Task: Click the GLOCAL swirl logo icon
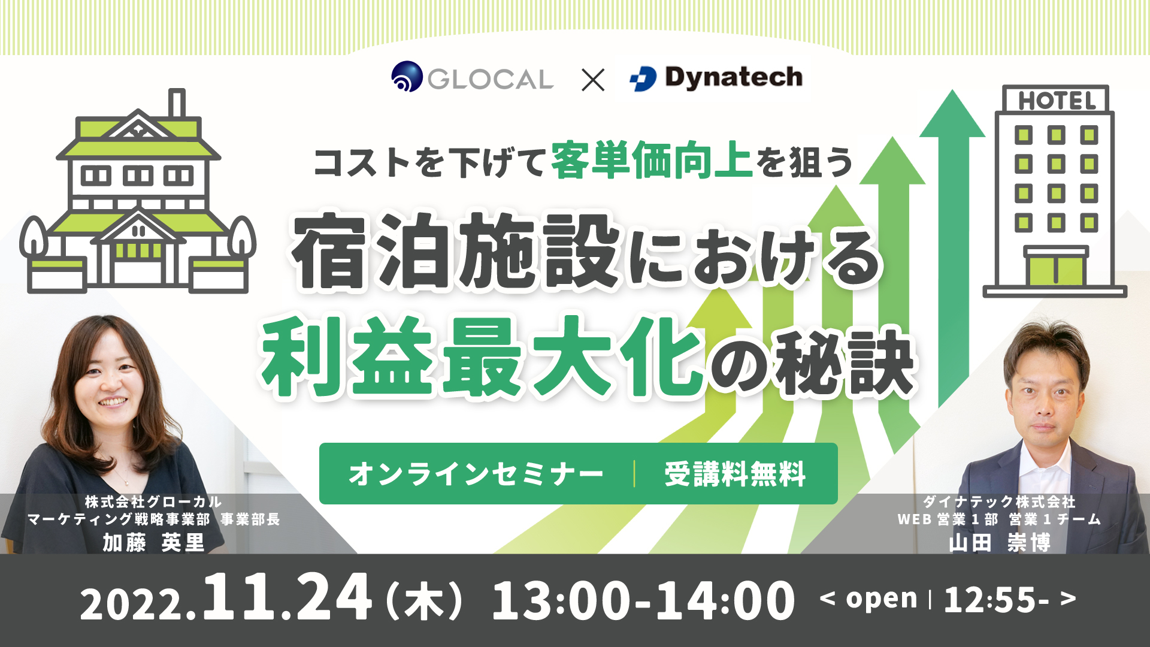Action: click(x=407, y=77)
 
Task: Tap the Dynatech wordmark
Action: click(x=733, y=78)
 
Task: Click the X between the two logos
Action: click(x=593, y=79)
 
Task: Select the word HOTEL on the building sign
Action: click(x=1057, y=101)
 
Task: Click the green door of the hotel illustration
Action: click(x=1056, y=270)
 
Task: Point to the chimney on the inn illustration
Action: click(x=177, y=104)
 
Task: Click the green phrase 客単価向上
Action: click(x=652, y=160)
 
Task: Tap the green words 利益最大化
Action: click(x=482, y=356)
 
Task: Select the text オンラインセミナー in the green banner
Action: click(x=476, y=474)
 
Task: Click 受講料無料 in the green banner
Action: click(x=735, y=474)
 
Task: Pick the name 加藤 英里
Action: click(x=153, y=542)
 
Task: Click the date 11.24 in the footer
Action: click(x=287, y=597)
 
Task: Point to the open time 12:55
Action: click(x=996, y=600)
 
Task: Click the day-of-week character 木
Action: click(x=425, y=601)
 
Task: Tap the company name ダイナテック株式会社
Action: click(x=999, y=501)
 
